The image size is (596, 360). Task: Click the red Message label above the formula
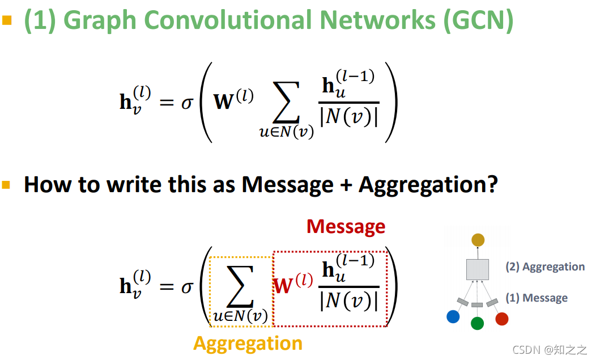(346, 227)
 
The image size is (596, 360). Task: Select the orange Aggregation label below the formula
(248, 344)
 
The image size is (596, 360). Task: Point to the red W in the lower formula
(284, 286)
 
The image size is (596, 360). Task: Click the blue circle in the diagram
(453, 317)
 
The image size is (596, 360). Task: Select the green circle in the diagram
(477, 323)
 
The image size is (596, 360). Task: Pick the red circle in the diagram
(501, 319)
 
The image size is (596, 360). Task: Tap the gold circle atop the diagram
(478, 240)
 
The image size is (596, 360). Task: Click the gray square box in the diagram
(478, 269)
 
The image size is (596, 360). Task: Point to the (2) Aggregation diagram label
(545, 267)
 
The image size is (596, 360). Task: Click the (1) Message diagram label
(537, 298)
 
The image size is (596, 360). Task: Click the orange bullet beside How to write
(7, 185)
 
